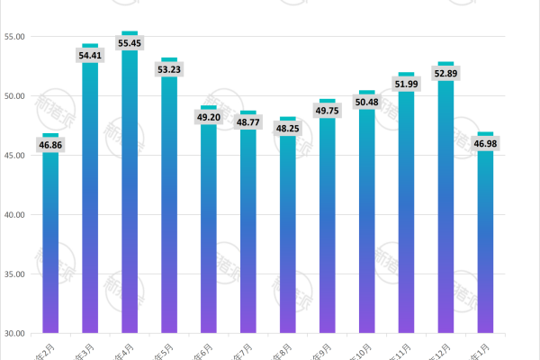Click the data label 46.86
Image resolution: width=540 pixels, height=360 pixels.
tap(50, 144)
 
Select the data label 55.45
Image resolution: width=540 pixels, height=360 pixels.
tap(130, 42)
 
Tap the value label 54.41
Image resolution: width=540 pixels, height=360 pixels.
tap(90, 55)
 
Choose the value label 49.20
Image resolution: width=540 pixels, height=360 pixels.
tap(209, 117)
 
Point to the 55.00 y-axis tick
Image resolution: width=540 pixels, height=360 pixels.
tap(14, 37)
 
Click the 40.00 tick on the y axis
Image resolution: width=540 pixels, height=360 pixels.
tap(14, 214)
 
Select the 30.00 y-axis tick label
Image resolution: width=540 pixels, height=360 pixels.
tap(14, 333)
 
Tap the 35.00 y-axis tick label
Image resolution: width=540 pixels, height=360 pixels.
tap(14, 274)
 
